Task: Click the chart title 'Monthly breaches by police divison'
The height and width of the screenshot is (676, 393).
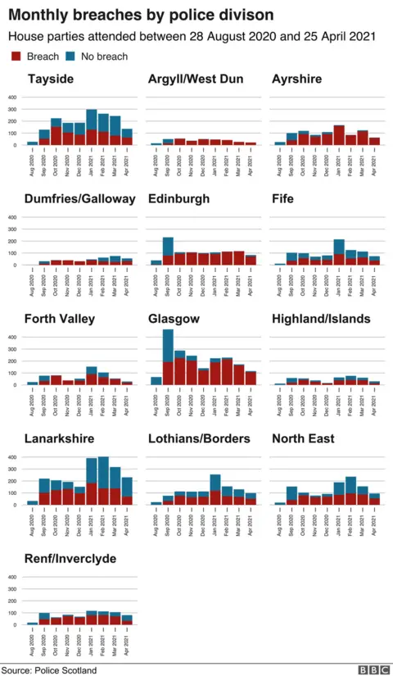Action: [x=141, y=16]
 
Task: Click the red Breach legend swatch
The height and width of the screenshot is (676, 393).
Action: [x=16, y=57]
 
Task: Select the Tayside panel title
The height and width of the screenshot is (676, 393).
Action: [x=51, y=79]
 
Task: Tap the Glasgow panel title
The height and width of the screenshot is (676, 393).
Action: [x=173, y=319]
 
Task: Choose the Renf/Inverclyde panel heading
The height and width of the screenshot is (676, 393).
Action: [x=70, y=559]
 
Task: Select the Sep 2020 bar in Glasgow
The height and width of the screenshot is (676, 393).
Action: [x=168, y=357]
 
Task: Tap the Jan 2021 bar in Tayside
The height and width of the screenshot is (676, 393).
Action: [x=92, y=127]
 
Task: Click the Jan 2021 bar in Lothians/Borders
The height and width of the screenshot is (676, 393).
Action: [x=215, y=490]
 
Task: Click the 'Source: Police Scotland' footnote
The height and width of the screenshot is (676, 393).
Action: [x=49, y=669]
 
